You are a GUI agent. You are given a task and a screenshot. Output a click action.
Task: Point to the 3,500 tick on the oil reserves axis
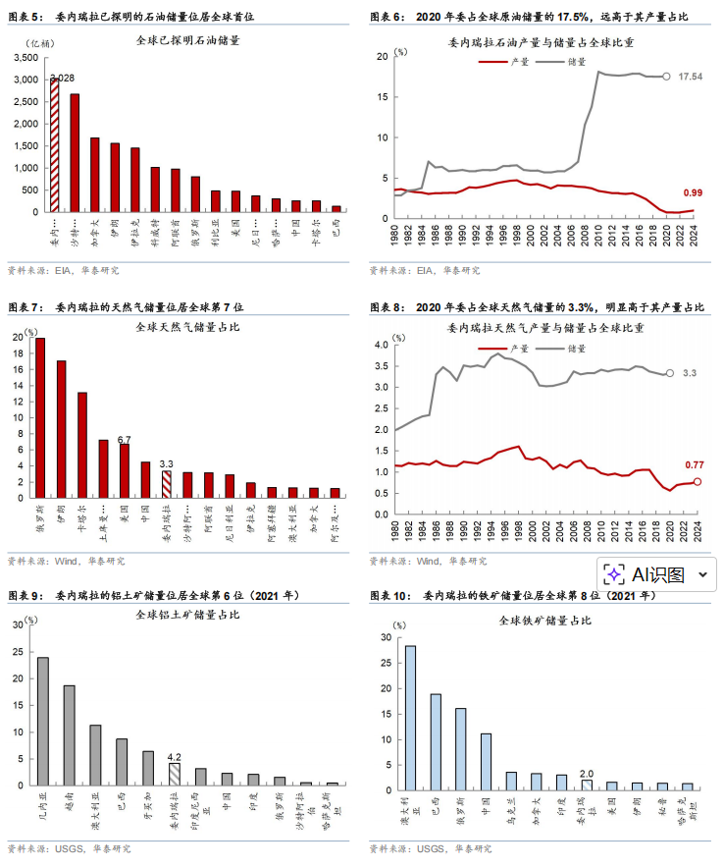[26, 58]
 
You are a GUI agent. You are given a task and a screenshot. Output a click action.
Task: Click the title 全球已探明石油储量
[192, 41]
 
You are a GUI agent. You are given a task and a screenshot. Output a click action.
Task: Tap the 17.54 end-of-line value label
[690, 77]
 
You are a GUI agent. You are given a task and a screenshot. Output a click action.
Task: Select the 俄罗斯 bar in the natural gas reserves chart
[40, 418]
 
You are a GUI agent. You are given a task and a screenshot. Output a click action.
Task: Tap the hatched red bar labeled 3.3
[166, 485]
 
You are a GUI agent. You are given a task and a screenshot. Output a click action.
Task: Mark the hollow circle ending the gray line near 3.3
[670, 373]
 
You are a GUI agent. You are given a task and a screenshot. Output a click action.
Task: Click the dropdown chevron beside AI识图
[702, 574]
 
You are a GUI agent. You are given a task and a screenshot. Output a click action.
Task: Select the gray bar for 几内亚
[43, 721]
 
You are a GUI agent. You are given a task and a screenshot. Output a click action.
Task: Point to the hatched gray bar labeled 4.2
[175, 774]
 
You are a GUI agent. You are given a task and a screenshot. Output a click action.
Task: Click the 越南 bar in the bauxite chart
[70, 735]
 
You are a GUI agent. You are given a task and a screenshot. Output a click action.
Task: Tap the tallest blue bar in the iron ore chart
[410, 718]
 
